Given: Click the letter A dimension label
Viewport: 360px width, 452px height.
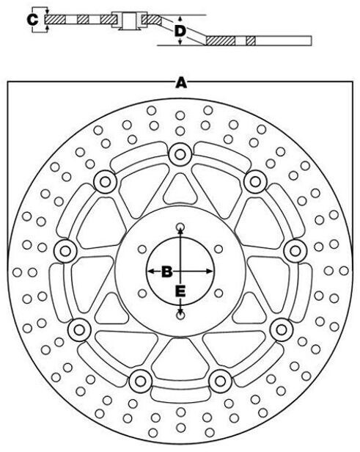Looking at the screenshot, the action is tap(181, 83).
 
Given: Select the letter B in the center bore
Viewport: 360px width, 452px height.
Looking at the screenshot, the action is tap(167, 271).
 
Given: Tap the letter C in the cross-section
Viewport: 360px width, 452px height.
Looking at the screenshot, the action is tap(32, 20).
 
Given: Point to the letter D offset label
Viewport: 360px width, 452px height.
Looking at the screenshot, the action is tap(180, 31).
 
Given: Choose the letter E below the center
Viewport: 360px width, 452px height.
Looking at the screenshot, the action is tap(180, 291).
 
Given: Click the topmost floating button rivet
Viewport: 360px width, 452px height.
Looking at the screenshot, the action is tap(180, 155).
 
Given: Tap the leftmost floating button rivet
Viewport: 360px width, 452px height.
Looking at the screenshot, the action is tap(65, 251).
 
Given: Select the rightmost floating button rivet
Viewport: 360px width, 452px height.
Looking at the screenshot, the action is tap(295, 251).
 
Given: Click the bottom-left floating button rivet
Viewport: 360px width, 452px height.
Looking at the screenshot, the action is tap(141, 381).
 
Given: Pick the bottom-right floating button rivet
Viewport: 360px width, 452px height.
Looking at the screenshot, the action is tap(220, 381).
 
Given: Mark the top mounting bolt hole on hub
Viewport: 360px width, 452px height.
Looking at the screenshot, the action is tap(180, 226).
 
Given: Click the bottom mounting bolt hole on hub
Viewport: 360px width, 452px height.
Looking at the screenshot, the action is tap(180, 316).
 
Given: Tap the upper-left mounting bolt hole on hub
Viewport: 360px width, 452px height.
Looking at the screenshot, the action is tap(142, 249).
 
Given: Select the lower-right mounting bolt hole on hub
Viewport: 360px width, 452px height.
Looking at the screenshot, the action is tap(218, 294).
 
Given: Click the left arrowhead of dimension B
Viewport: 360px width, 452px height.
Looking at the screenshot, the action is tap(150, 271).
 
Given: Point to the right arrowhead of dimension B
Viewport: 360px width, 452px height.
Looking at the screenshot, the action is tap(210, 271).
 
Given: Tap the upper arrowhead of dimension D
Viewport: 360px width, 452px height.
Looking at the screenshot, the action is tap(180, 19).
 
